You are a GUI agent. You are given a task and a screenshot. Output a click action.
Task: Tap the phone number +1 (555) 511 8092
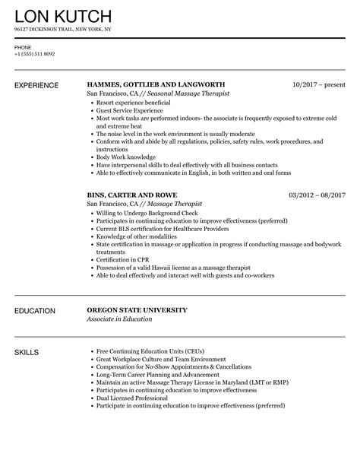33,53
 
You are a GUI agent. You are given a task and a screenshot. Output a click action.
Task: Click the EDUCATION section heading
35,290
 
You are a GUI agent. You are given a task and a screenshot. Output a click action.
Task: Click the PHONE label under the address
23,46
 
